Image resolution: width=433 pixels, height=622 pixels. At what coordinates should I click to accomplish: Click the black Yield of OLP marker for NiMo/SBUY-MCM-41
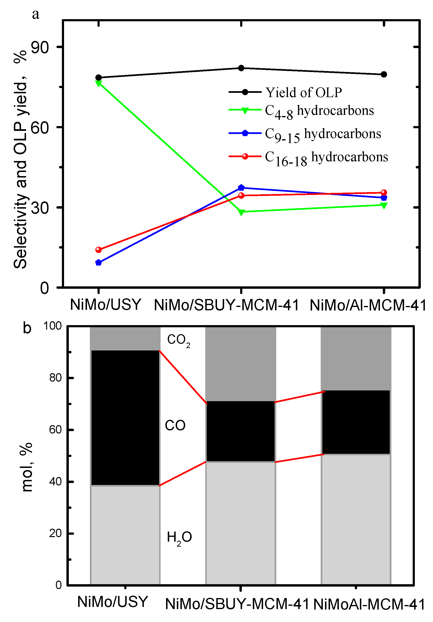241,68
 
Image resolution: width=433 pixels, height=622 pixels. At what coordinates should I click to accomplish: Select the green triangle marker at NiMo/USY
98,83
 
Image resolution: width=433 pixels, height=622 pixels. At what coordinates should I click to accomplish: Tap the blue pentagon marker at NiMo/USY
98,262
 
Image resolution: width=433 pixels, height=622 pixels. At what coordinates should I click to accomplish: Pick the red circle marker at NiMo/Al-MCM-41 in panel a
384,192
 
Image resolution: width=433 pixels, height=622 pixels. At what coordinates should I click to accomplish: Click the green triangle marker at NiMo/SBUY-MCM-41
241,212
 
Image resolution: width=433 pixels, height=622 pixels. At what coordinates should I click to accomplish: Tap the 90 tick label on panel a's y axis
40,48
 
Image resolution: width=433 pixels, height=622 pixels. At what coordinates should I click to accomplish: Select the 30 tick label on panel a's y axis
40,208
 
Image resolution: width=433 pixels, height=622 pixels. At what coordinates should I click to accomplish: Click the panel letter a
35,14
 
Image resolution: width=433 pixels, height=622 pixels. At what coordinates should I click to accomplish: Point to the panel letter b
27,328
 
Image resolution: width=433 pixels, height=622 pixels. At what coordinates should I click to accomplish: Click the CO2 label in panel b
178,340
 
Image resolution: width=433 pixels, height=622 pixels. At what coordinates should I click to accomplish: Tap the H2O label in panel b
179,537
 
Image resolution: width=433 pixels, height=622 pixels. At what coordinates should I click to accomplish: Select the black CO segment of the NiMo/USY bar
125,417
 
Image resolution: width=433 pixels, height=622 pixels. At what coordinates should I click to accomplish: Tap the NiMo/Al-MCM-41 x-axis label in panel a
368,305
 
